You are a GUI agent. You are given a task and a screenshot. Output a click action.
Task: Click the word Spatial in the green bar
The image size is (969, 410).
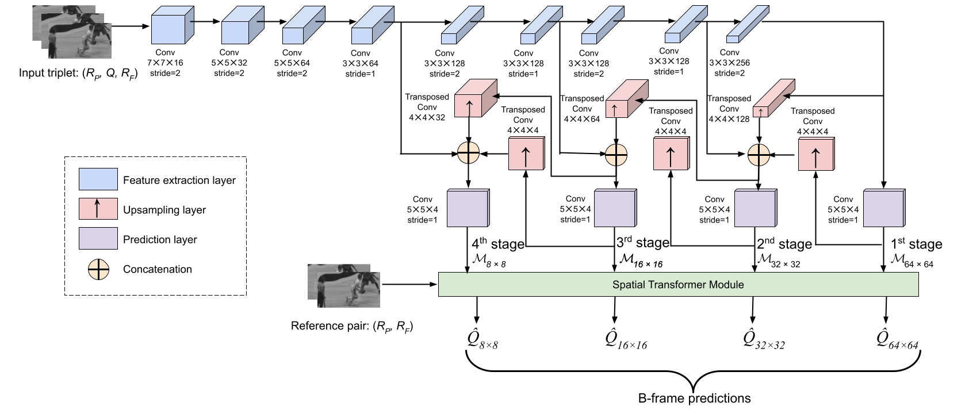tap(628, 285)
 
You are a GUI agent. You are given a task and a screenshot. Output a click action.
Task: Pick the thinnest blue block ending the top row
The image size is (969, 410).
tap(746, 25)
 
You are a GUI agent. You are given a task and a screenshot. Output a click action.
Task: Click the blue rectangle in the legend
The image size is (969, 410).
tap(98, 179)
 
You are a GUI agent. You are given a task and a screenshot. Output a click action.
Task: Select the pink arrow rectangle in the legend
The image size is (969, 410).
tap(98, 209)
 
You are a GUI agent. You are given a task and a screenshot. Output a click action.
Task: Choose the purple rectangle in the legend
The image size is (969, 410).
tap(98, 238)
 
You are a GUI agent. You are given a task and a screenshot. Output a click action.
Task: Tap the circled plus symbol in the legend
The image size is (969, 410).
tap(98, 269)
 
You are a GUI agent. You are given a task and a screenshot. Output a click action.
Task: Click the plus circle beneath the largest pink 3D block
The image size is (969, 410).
tap(468, 153)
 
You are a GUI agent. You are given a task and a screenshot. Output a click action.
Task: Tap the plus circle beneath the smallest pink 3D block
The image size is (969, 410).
tap(759, 155)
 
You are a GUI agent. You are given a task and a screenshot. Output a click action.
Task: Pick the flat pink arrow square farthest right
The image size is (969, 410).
tap(815, 154)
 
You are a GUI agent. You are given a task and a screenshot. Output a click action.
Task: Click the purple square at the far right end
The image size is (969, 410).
tap(883, 208)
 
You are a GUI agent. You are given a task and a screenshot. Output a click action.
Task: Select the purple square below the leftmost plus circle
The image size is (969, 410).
tap(468, 208)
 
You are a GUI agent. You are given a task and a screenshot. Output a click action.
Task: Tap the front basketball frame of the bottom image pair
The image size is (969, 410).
tap(348, 290)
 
